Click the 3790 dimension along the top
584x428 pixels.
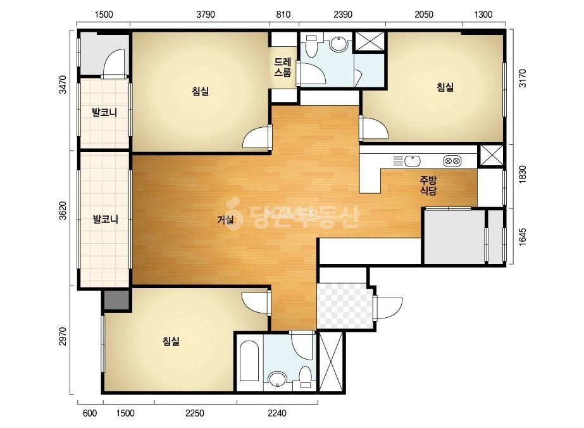point(206,15)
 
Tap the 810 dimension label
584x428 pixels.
point(283,15)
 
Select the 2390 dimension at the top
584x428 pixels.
point(343,15)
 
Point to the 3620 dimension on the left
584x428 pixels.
point(63,210)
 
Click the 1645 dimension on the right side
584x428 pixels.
point(523,237)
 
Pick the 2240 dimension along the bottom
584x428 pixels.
point(277,413)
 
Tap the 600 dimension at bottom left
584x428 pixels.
point(89,413)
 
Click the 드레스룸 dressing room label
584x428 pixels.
point(283,68)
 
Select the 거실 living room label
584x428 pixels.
point(225,220)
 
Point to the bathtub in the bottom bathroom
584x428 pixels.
point(249,362)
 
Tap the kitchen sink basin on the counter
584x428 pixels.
point(413,161)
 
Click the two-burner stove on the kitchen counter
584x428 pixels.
point(452,161)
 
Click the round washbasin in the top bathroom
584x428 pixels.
point(339,44)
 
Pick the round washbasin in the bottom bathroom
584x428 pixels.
point(277,380)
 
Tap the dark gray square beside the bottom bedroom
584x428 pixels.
point(116,299)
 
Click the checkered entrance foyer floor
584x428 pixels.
point(344,306)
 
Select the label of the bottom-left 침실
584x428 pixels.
point(171,341)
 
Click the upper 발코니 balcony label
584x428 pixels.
point(104,112)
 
